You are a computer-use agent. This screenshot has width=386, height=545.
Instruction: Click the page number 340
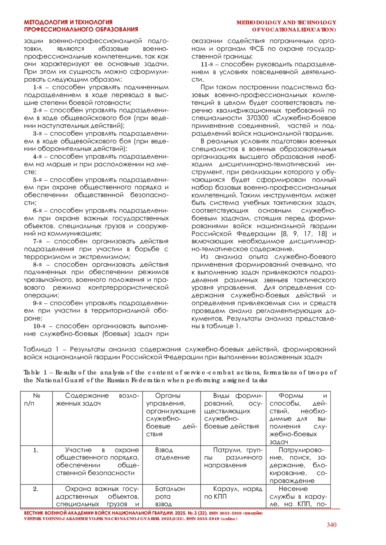click(331, 525)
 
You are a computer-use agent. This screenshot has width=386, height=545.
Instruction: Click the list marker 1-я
click(37, 87)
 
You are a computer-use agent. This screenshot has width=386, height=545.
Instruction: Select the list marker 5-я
click(37, 180)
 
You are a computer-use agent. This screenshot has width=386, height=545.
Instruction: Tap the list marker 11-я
click(207, 64)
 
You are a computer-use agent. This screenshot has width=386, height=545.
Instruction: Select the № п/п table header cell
click(36, 400)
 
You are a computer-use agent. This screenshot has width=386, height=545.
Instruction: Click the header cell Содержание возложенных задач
click(97, 400)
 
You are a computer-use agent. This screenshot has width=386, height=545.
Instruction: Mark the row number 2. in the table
click(36, 489)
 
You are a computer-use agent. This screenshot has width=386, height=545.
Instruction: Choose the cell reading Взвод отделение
click(172, 454)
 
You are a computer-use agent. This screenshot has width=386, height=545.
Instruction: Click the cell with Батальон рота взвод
click(170, 497)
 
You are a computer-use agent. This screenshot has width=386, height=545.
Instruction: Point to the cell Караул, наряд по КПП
click(233, 493)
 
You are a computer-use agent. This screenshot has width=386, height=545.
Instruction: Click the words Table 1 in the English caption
click(35, 373)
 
